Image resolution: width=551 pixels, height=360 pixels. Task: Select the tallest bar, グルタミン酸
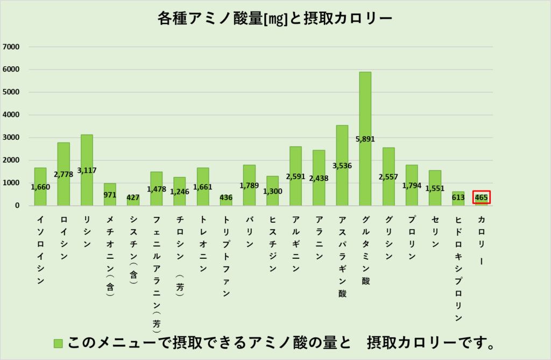click(x=365, y=108)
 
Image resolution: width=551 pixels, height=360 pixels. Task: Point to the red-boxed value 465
click(x=482, y=197)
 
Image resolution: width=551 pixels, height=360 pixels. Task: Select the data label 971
click(x=110, y=195)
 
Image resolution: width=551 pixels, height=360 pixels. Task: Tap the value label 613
click(x=458, y=197)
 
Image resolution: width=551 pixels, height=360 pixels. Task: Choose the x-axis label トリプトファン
click(x=226, y=256)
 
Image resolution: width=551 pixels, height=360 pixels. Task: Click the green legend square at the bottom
click(x=59, y=343)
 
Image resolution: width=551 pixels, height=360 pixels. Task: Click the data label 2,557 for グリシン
click(x=388, y=177)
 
